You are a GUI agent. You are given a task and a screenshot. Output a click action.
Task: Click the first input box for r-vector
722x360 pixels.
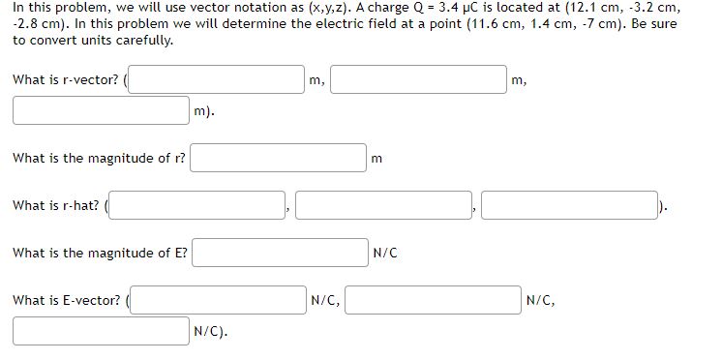click(218, 79)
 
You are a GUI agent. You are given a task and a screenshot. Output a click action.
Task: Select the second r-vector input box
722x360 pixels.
click(418, 79)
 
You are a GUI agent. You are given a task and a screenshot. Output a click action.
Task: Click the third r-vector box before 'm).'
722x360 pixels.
click(101, 110)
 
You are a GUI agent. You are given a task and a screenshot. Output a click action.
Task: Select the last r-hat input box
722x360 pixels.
click(568, 205)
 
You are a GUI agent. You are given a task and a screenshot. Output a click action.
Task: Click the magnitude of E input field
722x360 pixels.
click(278, 253)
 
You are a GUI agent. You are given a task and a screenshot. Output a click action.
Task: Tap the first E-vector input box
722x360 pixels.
click(218, 300)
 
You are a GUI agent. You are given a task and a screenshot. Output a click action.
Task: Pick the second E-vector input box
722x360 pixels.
click(432, 300)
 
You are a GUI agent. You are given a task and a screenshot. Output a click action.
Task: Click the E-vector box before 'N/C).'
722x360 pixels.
click(101, 331)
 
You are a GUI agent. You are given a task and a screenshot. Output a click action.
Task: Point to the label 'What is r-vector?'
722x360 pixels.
click(66, 79)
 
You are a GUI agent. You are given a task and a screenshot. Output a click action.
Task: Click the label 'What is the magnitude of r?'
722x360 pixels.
click(99, 158)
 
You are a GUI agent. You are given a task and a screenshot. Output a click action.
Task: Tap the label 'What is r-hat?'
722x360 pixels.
click(56, 205)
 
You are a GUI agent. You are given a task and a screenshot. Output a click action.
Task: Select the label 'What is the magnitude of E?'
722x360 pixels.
click(100, 253)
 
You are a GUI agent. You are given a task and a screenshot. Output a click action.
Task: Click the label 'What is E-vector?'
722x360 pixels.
click(67, 300)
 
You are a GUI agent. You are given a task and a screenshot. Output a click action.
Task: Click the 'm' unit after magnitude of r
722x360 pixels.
click(376, 158)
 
